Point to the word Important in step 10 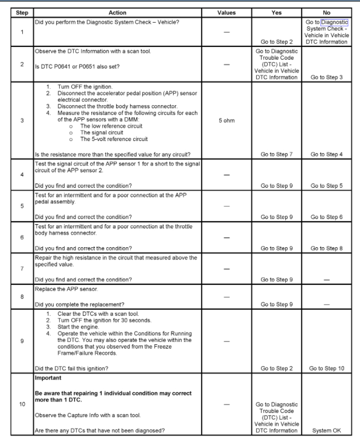point(48,378)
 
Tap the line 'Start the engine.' point(81,333)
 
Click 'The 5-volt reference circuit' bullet point(114,139)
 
